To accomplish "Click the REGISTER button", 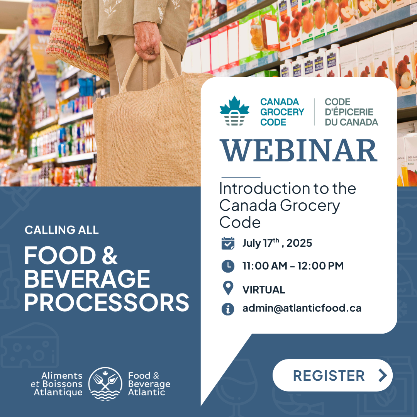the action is (x=332, y=375).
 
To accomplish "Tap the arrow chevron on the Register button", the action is (x=382, y=375).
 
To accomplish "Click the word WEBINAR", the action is (x=298, y=150).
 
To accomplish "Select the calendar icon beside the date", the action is (x=228, y=243).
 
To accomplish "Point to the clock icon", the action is (x=228, y=266).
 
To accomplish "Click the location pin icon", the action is (x=228, y=288).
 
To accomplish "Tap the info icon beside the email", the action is (x=228, y=309).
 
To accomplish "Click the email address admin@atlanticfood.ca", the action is (x=302, y=308).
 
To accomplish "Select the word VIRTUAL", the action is (x=264, y=290).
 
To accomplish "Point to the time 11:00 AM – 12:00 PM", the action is (x=293, y=266).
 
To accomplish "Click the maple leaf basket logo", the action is (x=234, y=111).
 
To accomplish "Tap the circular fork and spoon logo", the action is (x=105, y=383).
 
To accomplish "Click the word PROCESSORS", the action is (x=107, y=302).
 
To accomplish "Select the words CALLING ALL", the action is (x=62, y=230).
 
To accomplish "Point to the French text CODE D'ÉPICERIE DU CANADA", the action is (x=351, y=112).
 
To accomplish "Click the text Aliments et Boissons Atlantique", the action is (x=57, y=384).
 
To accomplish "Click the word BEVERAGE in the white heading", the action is (x=87, y=279).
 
